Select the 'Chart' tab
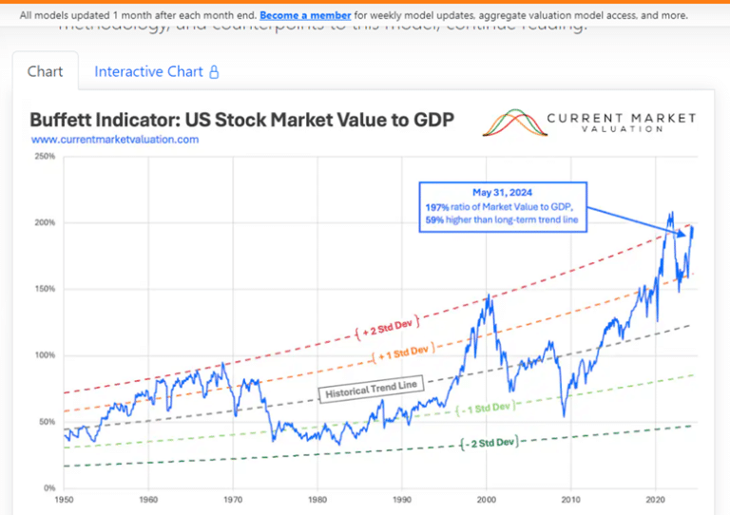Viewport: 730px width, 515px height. click(46, 71)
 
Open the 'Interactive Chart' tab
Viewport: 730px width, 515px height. click(148, 71)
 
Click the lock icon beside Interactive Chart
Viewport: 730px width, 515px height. click(214, 71)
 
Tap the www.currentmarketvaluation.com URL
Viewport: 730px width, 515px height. click(115, 140)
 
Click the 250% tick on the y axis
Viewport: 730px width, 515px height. click(44, 156)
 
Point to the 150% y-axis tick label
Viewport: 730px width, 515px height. click(44, 289)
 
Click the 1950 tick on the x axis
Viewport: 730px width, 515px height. click(65, 499)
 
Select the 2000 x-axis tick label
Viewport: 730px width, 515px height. click(487, 499)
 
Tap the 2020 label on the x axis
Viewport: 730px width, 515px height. click(656, 499)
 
